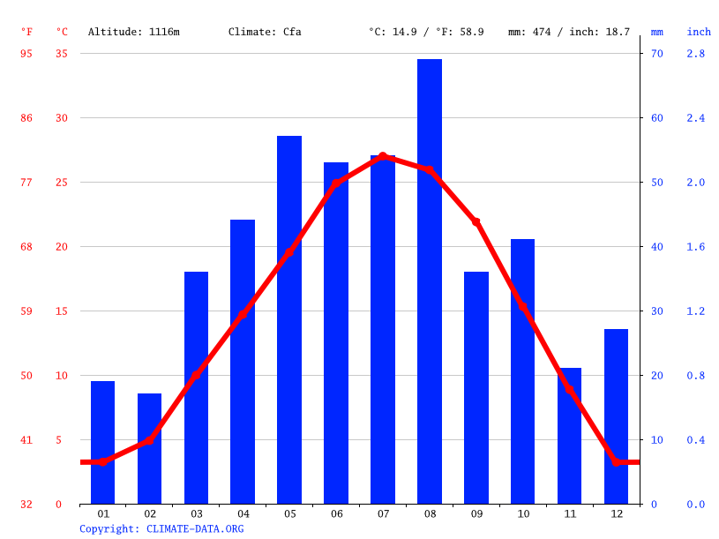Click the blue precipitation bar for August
(x=430, y=282)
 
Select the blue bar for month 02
(x=150, y=449)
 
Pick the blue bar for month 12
(x=616, y=416)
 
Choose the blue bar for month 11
(x=569, y=436)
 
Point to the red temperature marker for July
(x=383, y=156)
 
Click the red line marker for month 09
(x=476, y=222)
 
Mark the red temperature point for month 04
(x=243, y=314)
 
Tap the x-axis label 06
(x=336, y=513)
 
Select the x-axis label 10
(x=522, y=513)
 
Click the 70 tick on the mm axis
(x=656, y=54)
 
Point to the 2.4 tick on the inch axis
(x=696, y=118)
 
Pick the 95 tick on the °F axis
(x=26, y=54)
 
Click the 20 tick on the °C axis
(x=62, y=247)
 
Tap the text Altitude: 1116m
(x=134, y=32)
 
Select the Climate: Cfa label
(x=265, y=32)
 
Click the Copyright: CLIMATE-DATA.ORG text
(x=161, y=529)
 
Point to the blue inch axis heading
(x=699, y=32)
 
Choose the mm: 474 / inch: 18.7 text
(x=569, y=32)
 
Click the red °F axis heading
(x=26, y=32)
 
